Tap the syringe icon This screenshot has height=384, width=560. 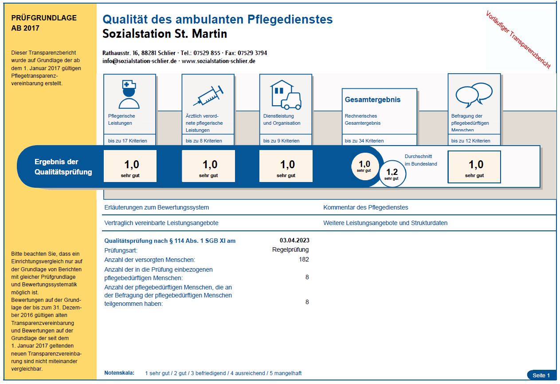point(208,95)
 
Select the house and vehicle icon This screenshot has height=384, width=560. point(286,95)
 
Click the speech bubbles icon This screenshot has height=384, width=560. point(474,95)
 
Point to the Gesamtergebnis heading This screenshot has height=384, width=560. point(372,99)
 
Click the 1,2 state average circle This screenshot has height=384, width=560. point(392,174)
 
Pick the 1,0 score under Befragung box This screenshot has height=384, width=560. point(474,167)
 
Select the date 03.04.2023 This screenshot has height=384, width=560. point(294,240)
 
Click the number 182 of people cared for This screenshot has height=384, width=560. point(304,259)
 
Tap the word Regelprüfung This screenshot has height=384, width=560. point(290,249)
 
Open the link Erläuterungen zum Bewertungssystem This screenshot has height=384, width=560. point(157,207)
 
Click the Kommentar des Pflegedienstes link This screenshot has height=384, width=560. point(365,207)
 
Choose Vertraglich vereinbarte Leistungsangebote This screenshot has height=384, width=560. point(161,223)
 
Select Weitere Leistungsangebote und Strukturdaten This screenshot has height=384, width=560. point(385,223)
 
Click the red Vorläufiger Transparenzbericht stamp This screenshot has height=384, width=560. point(518,40)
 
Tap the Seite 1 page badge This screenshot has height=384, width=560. point(541,375)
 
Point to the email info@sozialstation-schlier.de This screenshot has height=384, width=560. point(139,61)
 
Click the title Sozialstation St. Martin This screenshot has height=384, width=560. point(164,34)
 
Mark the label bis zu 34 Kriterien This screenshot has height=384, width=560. point(364,141)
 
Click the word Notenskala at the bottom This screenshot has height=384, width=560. point(119,373)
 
